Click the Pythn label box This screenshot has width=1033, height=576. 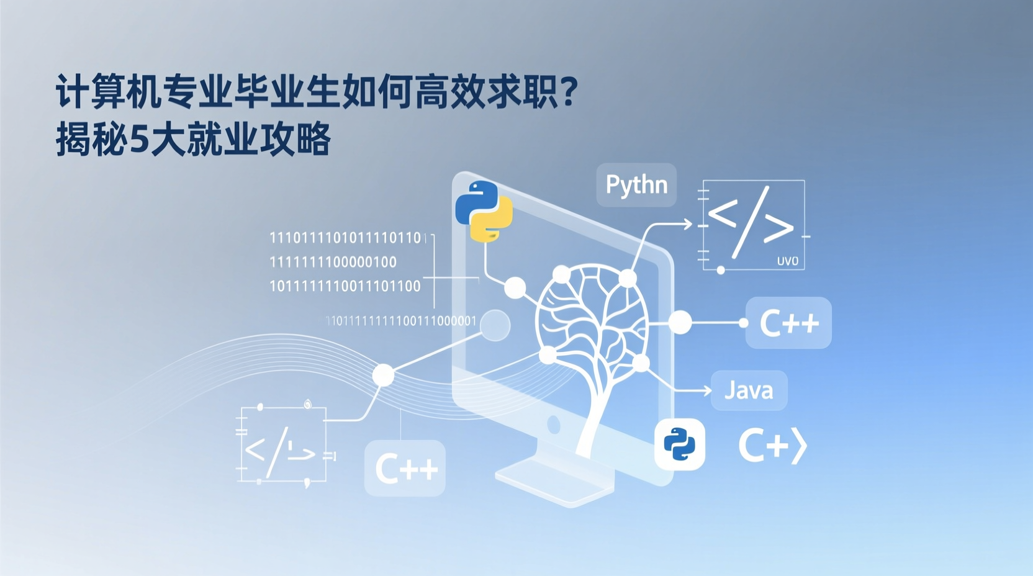click(636, 185)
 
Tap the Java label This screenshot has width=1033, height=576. click(749, 390)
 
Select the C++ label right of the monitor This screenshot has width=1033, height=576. click(788, 323)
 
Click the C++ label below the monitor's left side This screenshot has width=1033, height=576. click(405, 468)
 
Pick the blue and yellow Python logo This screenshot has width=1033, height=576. click(484, 211)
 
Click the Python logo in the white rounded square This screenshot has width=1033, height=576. click(680, 444)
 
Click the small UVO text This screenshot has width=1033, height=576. click(788, 261)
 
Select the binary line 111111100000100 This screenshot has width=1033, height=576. click(333, 262)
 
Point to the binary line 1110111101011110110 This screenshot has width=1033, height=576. click(346, 238)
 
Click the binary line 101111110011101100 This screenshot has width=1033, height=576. click(345, 286)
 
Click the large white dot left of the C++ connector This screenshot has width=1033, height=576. click(680, 322)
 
